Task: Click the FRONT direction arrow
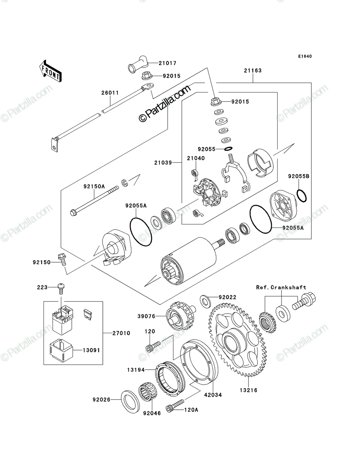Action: pyautogui.click(x=51, y=71)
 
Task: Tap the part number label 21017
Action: pyautogui.click(x=168, y=63)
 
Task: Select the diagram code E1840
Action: pyautogui.click(x=305, y=57)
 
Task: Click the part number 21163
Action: pyautogui.click(x=253, y=70)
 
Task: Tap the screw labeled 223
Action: pyautogui.click(x=61, y=289)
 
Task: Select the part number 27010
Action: pyautogui.click(x=121, y=333)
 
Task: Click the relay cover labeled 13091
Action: pyautogui.click(x=61, y=350)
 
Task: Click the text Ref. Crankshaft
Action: pyautogui.click(x=281, y=287)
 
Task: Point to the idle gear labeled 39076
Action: pyautogui.click(x=181, y=316)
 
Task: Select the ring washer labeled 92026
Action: pyautogui.click(x=130, y=402)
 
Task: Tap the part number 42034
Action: pyautogui.click(x=213, y=395)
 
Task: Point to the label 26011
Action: pyautogui.click(x=110, y=93)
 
